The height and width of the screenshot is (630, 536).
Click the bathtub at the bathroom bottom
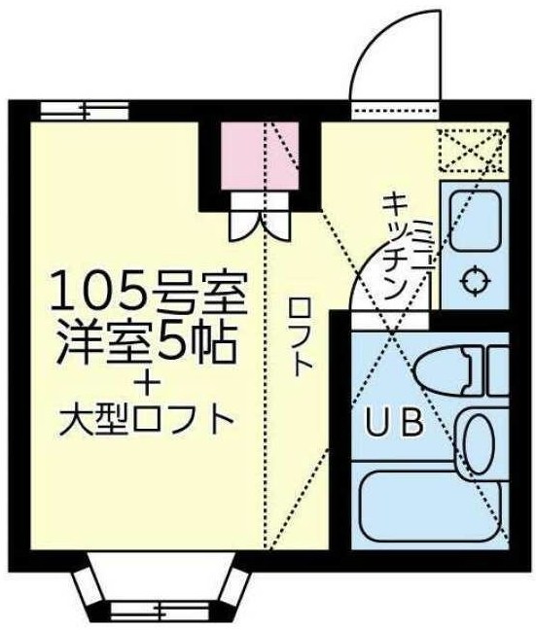tap(429, 509)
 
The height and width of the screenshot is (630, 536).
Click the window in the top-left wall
tap(73, 109)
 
